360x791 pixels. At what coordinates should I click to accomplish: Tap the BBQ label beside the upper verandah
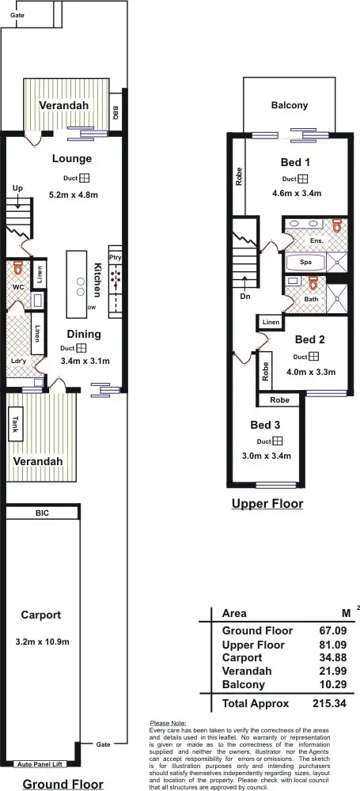pos(115,112)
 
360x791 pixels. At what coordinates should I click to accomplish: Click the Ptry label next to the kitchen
pos(116,258)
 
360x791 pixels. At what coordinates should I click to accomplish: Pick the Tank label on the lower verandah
pos(15,425)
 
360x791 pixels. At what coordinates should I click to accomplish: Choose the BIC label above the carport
pos(42,513)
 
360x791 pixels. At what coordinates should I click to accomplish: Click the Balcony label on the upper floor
pos(290,105)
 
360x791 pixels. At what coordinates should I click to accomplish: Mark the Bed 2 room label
pos(310,339)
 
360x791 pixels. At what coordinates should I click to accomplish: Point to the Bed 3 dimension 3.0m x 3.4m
pos(266,456)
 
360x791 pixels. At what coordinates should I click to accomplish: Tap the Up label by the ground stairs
pos(17,187)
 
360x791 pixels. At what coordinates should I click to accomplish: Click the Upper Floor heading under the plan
pos(267,503)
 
